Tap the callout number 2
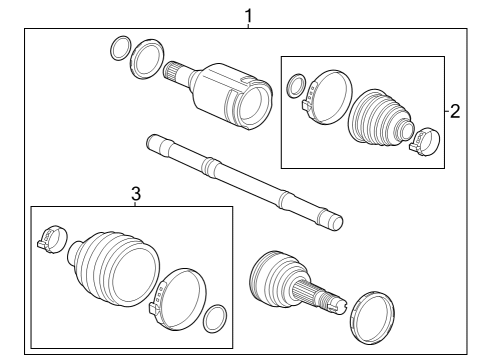click(455, 111)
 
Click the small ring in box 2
click(297, 87)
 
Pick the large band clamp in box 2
click(328, 99)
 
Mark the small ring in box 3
click(213, 319)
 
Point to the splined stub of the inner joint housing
click(178, 74)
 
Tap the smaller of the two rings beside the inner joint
click(118, 46)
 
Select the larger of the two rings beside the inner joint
click(148, 57)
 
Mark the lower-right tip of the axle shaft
click(335, 220)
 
